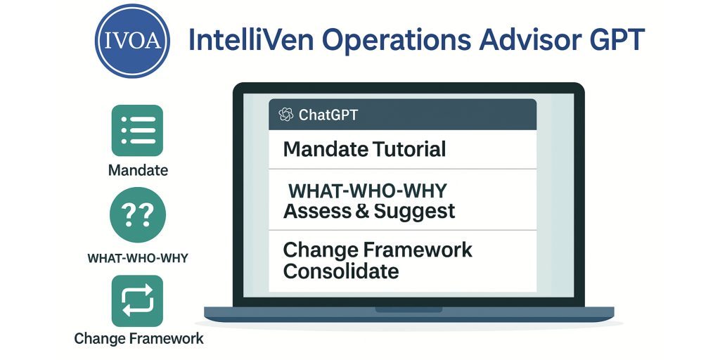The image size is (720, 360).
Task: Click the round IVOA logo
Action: coord(132,40)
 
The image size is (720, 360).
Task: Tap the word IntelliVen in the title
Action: coord(252,40)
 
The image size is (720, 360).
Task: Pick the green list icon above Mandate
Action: coord(137,130)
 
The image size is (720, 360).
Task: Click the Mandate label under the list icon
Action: coord(138,171)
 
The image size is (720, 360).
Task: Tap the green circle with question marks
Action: coord(138,214)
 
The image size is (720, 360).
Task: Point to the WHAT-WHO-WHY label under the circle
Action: coord(138,258)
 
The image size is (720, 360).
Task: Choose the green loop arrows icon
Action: coord(137,301)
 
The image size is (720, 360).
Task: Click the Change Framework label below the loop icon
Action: coord(139,339)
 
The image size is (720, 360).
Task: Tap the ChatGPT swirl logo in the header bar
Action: coord(285,115)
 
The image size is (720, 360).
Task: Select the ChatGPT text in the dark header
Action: coord(328,115)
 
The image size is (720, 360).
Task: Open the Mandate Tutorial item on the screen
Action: coord(365,150)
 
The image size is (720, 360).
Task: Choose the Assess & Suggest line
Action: coord(369,211)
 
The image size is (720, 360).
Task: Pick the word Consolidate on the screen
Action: coord(341,271)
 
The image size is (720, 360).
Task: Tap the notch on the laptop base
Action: coord(409,309)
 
